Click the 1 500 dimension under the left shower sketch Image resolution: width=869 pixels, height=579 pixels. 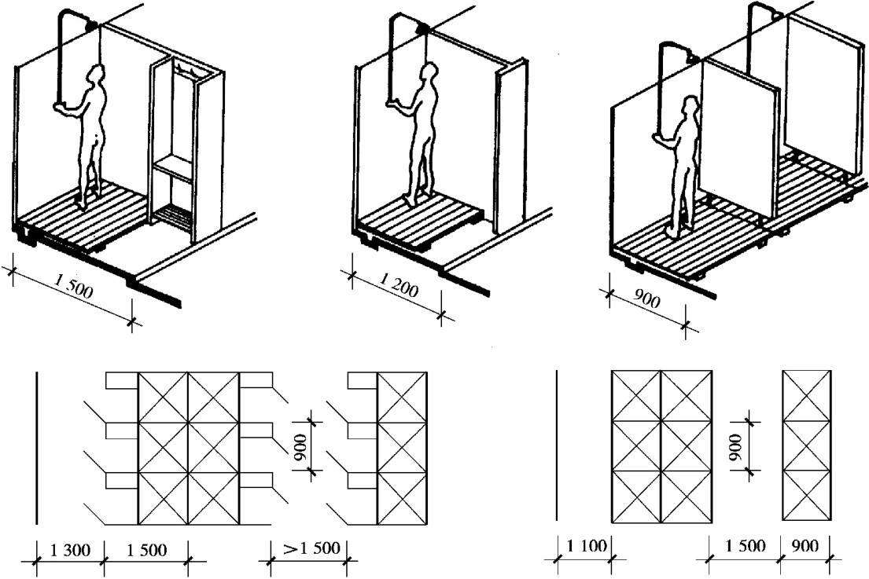75,292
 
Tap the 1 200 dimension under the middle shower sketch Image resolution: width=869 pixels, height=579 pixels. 398,291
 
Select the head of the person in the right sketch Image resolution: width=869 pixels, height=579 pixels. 690,107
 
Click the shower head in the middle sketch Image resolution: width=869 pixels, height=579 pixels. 425,30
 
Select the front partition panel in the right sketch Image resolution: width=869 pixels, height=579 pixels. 738,137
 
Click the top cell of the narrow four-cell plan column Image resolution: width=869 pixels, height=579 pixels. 806,387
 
